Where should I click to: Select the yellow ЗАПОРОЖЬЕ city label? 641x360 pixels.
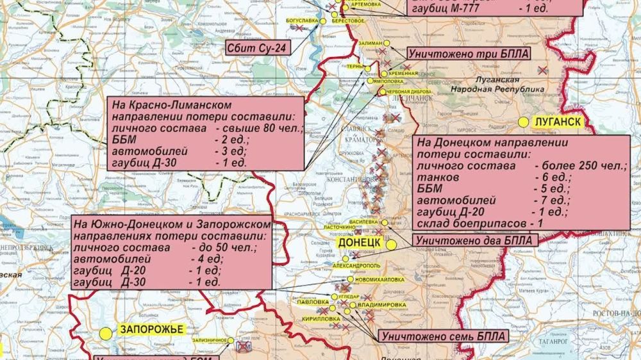(x=150, y=330)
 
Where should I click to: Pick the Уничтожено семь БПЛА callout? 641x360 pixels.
(x=443, y=336)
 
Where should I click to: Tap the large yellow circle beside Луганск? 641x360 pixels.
(x=524, y=122)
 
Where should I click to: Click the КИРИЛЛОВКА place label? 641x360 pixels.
(x=321, y=318)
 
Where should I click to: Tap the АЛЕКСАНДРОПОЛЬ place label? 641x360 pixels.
(x=356, y=265)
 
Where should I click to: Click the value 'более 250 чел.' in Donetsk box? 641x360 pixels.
(x=579, y=166)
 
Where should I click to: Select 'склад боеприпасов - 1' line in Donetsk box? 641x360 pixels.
(x=481, y=223)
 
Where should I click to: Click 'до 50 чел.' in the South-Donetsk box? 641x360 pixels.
(x=224, y=247)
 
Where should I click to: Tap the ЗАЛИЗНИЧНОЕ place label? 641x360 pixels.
(x=210, y=340)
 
